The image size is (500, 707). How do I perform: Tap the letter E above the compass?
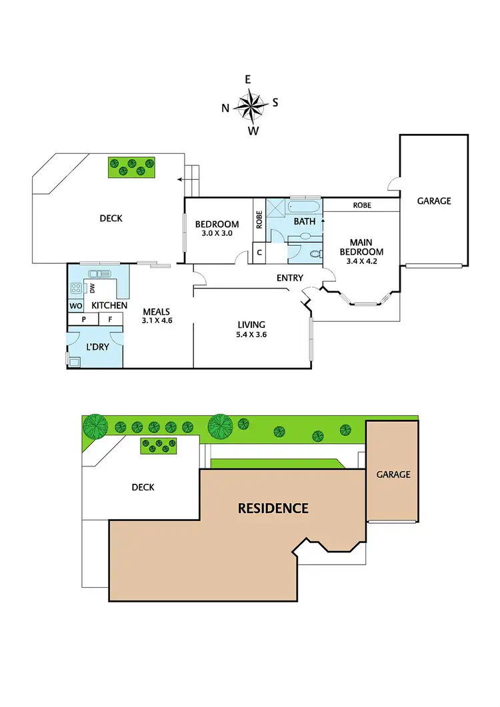(248, 79)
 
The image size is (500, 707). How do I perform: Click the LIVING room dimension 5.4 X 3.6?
(252, 335)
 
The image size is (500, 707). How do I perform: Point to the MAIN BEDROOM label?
(361, 247)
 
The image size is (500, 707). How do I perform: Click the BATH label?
(305, 221)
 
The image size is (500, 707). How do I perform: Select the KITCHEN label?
(109, 305)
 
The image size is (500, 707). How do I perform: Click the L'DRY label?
(98, 347)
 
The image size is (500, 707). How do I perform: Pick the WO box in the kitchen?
(75, 306)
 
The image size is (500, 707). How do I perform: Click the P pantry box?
(84, 320)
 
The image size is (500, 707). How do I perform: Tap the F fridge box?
(110, 320)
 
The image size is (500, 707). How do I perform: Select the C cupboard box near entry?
(259, 253)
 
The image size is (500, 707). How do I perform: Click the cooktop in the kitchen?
(76, 289)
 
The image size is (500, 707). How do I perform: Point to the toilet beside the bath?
(314, 253)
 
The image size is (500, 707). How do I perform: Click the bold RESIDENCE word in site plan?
(273, 508)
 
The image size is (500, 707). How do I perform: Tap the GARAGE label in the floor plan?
(434, 201)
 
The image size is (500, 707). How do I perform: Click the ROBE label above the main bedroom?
(362, 205)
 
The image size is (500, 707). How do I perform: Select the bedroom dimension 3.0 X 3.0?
(217, 233)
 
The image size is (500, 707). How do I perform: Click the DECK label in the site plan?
(143, 487)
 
